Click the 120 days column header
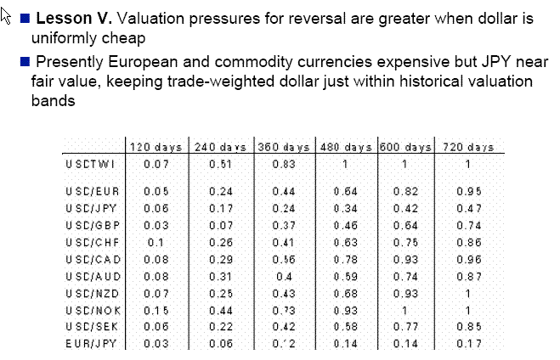point(158,147)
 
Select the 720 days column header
point(468,147)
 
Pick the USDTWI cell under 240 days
point(219,164)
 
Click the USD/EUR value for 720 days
point(468,192)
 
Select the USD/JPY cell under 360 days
point(285,208)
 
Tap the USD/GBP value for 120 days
point(156,224)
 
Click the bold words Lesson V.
point(71,19)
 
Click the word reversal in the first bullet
point(285,19)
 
